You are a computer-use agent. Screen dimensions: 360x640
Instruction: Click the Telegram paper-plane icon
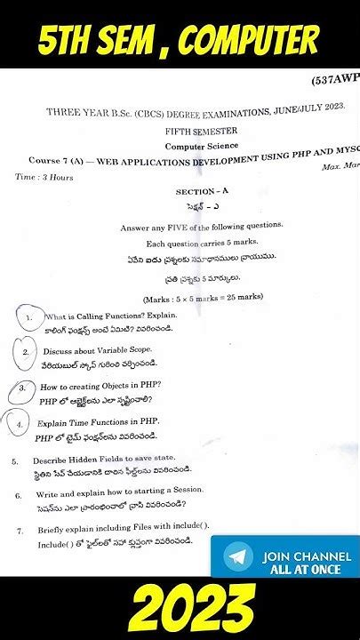tap(237, 558)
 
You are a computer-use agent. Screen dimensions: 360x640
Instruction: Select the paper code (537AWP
tap(335, 77)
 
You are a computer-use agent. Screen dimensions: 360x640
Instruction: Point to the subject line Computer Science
tap(200, 145)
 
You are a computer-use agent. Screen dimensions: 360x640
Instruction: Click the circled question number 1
tap(30, 317)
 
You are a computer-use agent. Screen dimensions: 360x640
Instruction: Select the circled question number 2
tap(27, 352)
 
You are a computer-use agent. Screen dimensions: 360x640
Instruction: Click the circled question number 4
tap(20, 425)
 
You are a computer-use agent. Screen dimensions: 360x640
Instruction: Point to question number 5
tap(15, 461)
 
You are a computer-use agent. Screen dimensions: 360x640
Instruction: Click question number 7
tap(19, 531)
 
